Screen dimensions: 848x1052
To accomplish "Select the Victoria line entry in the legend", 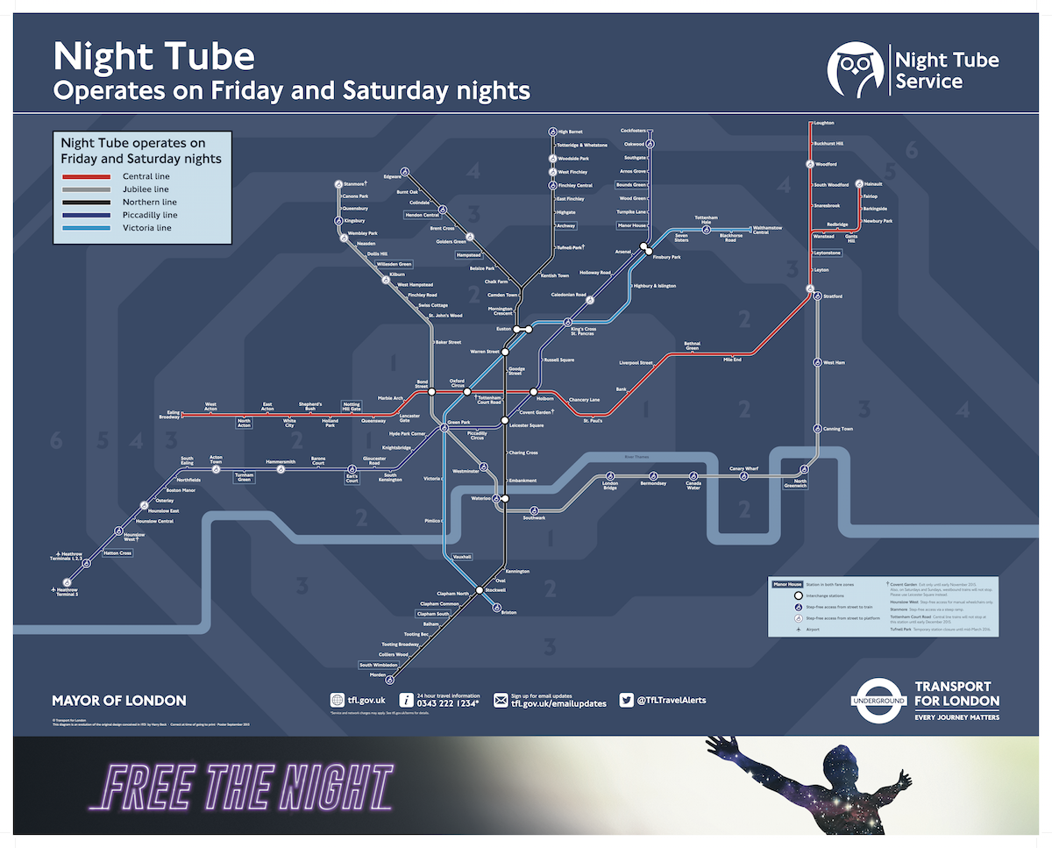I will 146,228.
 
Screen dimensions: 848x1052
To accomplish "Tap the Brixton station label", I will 508,613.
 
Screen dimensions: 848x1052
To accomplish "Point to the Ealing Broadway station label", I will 169,414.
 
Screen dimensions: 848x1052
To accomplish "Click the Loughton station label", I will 824,123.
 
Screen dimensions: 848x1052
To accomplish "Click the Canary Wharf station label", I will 743,469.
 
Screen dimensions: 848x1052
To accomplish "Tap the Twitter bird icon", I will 627,700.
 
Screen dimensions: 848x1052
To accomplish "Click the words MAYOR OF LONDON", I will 119,701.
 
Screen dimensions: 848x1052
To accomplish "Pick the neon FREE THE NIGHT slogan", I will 240,787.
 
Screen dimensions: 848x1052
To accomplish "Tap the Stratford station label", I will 833,296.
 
